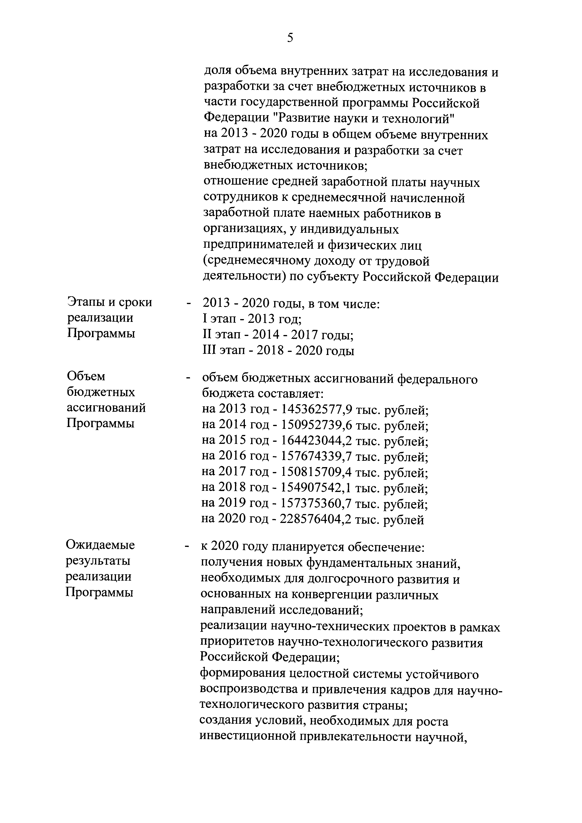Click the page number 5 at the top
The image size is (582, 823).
pos(290,38)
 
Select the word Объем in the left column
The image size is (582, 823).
pos(86,376)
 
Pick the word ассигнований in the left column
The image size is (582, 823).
pos(106,408)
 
